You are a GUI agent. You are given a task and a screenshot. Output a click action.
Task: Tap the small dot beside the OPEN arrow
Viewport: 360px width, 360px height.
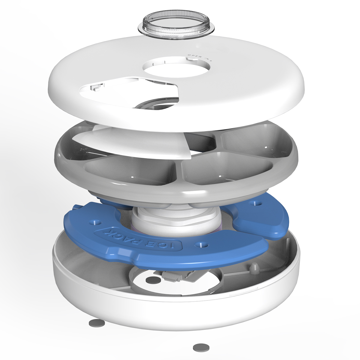click(211, 60)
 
